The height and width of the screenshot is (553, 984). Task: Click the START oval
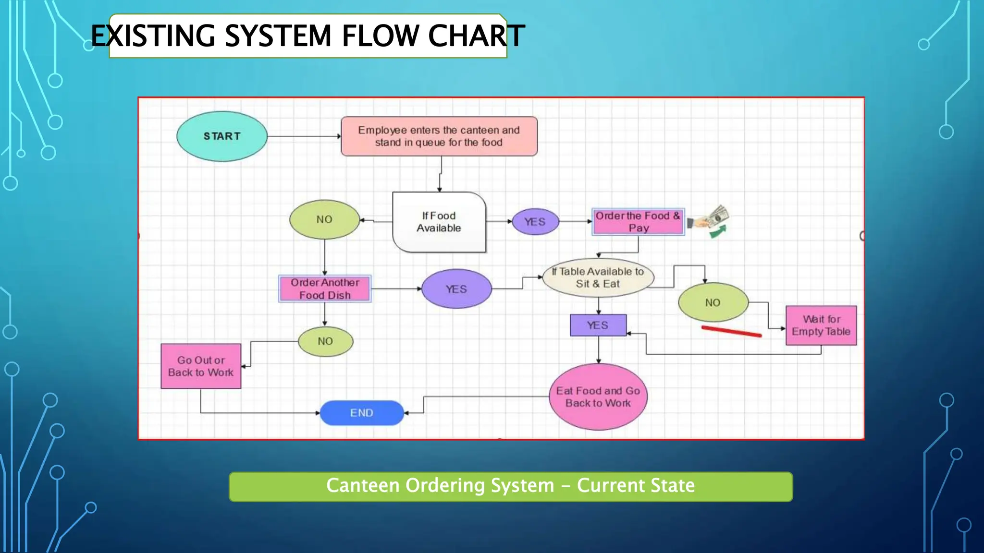tap(221, 136)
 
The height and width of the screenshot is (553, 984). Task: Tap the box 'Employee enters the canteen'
tap(439, 136)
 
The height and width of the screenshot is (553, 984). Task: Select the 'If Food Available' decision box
tap(439, 222)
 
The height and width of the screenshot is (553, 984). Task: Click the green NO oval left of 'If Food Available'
tap(324, 219)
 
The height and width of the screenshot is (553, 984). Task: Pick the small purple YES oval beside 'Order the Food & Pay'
tap(535, 222)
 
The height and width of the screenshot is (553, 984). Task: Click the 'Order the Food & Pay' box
tap(638, 222)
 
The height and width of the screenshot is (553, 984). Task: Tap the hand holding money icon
tap(709, 220)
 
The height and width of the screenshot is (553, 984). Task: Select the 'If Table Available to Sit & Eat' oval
tap(598, 277)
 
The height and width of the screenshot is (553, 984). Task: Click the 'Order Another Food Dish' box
tap(325, 289)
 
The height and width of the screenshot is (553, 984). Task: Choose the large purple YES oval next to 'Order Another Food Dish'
tap(456, 289)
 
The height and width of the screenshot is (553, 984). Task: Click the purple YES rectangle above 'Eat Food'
tap(598, 325)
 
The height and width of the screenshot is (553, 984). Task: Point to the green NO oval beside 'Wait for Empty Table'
tap(713, 302)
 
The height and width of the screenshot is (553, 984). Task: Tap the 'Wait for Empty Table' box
tap(821, 325)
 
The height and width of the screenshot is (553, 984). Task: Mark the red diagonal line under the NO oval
tap(731, 331)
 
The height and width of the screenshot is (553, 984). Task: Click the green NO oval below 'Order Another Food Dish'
tap(325, 341)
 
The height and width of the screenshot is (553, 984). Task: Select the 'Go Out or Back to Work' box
tap(201, 366)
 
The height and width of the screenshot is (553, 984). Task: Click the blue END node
tap(361, 413)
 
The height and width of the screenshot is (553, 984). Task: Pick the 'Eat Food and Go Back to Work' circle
tap(598, 397)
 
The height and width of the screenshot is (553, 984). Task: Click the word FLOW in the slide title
tap(380, 36)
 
